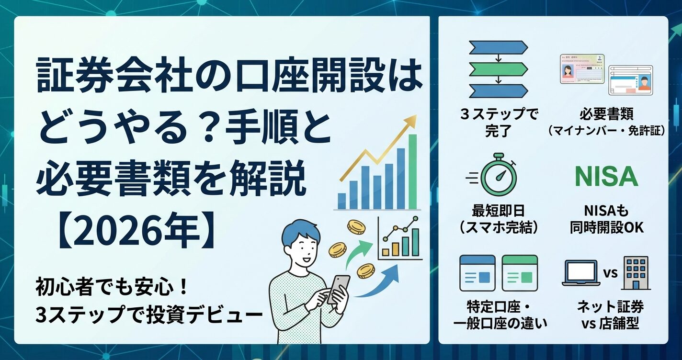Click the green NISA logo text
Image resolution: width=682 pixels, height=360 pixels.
(606, 177)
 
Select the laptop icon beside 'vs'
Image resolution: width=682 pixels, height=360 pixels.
(580, 273)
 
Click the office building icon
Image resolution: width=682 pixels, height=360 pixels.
(636, 273)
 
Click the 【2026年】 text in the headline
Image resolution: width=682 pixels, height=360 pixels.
(134, 233)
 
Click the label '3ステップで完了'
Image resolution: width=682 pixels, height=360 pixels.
(499, 123)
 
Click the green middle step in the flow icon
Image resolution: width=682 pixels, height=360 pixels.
(498, 68)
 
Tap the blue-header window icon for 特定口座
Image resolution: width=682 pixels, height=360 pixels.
(477, 273)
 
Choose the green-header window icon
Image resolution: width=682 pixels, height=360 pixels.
(520, 273)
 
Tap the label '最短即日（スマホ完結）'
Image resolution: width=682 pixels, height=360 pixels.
(499, 218)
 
